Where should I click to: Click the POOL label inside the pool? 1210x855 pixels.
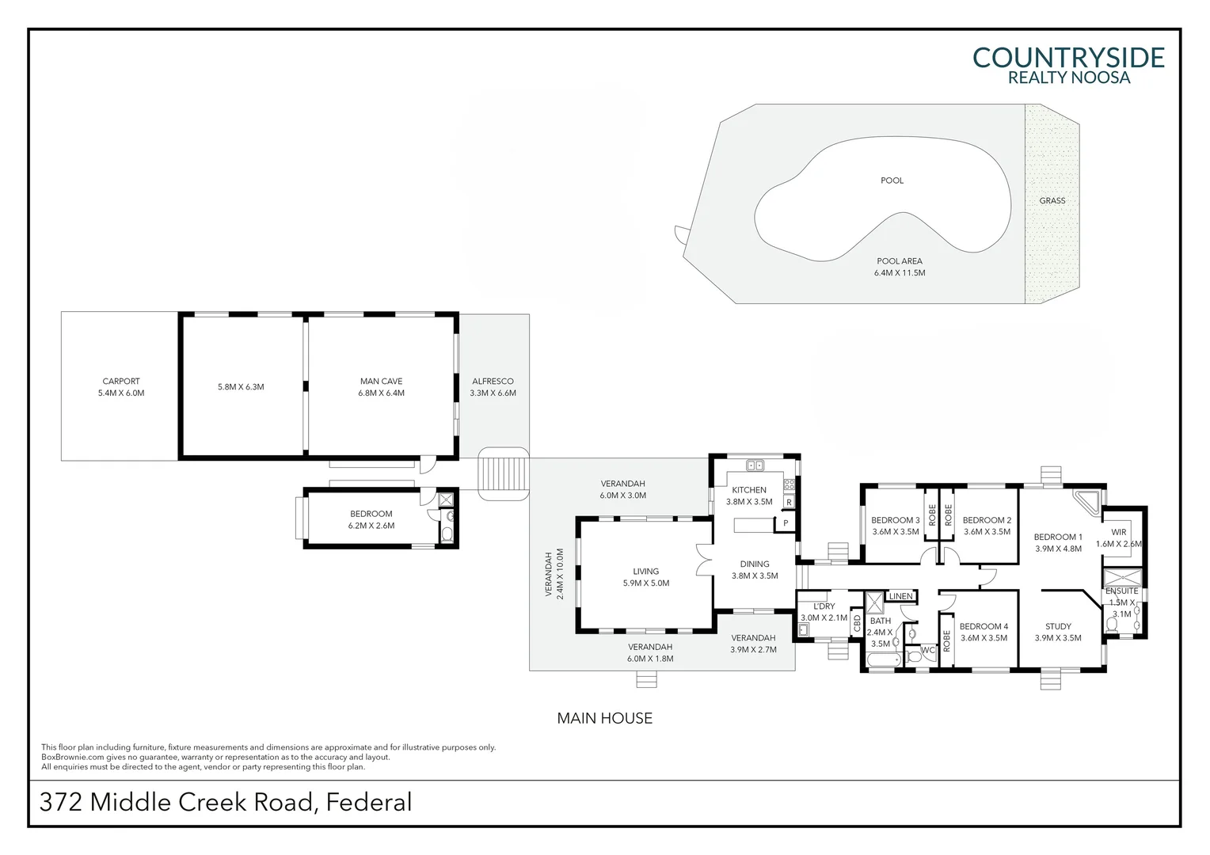click(x=892, y=180)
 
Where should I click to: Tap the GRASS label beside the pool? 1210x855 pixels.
click(x=1052, y=201)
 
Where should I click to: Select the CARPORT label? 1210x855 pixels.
click(x=121, y=382)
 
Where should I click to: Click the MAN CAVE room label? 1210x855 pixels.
click(x=381, y=382)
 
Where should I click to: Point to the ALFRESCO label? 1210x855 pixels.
click(x=493, y=382)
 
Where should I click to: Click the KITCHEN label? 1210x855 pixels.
click(x=748, y=490)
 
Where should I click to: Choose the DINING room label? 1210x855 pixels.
click(x=755, y=564)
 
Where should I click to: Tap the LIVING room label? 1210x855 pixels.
click(x=645, y=572)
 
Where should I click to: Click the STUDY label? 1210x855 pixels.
click(x=1058, y=626)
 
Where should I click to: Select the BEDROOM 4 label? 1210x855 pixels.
click(x=984, y=626)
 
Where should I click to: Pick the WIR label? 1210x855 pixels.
click(x=1118, y=532)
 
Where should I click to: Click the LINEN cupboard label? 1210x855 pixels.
click(x=900, y=596)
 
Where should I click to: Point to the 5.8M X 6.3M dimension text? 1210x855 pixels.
click(x=241, y=387)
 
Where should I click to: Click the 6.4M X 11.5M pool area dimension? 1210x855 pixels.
click(x=900, y=273)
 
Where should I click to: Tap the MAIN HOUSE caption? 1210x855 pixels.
click(x=604, y=719)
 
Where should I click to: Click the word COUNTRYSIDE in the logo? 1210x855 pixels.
click(x=1068, y=58)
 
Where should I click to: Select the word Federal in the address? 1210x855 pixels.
click(x=369, y=802)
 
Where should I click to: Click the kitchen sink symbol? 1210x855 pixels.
click(x=755, y=465)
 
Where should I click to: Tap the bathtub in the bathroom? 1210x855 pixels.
click(x=883, y=659)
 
